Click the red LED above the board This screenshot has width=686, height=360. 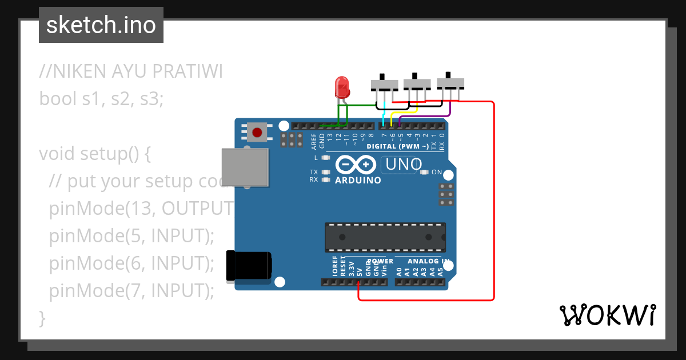[342, 87]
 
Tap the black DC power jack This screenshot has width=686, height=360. [249, 266]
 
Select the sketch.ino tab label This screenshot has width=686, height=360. [101, 25]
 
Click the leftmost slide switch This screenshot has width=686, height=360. [384, 84]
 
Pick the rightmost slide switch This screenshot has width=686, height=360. [450, 83]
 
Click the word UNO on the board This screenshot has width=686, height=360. [404, 165]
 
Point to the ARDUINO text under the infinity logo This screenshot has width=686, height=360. [358, 180]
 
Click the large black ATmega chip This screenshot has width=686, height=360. [385, 237]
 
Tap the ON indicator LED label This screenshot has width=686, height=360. [436, 172]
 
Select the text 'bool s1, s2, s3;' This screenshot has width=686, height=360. [101, 99]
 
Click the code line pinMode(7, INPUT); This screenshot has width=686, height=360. [131, 291]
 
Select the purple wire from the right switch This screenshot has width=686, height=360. [450, 110]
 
